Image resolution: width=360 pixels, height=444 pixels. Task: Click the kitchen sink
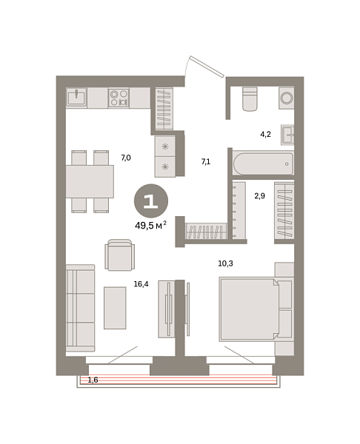77,98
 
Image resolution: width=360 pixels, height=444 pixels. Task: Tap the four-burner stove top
119,98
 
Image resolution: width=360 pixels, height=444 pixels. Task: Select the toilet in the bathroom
250,99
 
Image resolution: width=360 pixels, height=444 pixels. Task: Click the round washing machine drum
285,98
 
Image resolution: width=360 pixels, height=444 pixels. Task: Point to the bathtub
263,163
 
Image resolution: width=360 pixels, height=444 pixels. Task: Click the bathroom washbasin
288,134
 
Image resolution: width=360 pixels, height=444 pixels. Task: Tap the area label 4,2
265,134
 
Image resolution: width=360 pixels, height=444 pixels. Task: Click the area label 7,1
206,161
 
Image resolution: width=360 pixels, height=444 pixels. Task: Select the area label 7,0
125,158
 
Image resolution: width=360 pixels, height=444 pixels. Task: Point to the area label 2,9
259,196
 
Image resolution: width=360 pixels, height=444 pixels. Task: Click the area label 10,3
227,263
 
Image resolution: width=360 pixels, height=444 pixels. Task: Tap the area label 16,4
141,283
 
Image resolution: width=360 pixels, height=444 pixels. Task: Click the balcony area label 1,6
93,380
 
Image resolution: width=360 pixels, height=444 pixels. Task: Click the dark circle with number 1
150,201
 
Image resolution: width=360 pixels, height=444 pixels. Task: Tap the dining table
90,181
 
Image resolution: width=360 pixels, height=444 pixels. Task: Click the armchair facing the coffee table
119,255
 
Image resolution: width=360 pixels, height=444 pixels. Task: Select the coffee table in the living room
115,307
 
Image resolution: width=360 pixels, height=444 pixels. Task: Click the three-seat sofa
80,307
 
